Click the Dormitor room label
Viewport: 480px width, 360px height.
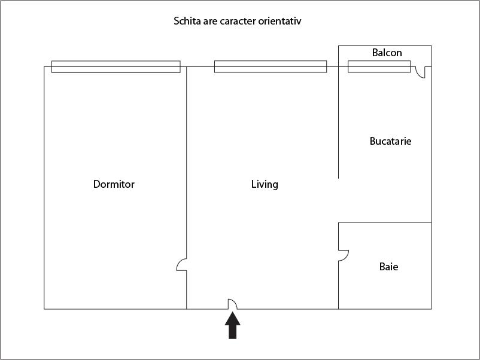click(114, 184)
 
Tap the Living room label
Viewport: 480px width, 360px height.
click(265, 184)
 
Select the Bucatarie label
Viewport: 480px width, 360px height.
click(390, 141)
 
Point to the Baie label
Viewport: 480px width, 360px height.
click(388, 267)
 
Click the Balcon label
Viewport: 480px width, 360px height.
click(387, 53)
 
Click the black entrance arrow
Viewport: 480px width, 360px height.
click(233, 325)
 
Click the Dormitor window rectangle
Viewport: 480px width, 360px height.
click(116, 67)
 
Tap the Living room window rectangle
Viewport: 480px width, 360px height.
click(271, 66)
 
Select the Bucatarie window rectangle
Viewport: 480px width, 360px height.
click(379, 66)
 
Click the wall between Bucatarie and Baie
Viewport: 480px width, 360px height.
click(385, 222)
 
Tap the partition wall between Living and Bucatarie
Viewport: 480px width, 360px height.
click(338, 123)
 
